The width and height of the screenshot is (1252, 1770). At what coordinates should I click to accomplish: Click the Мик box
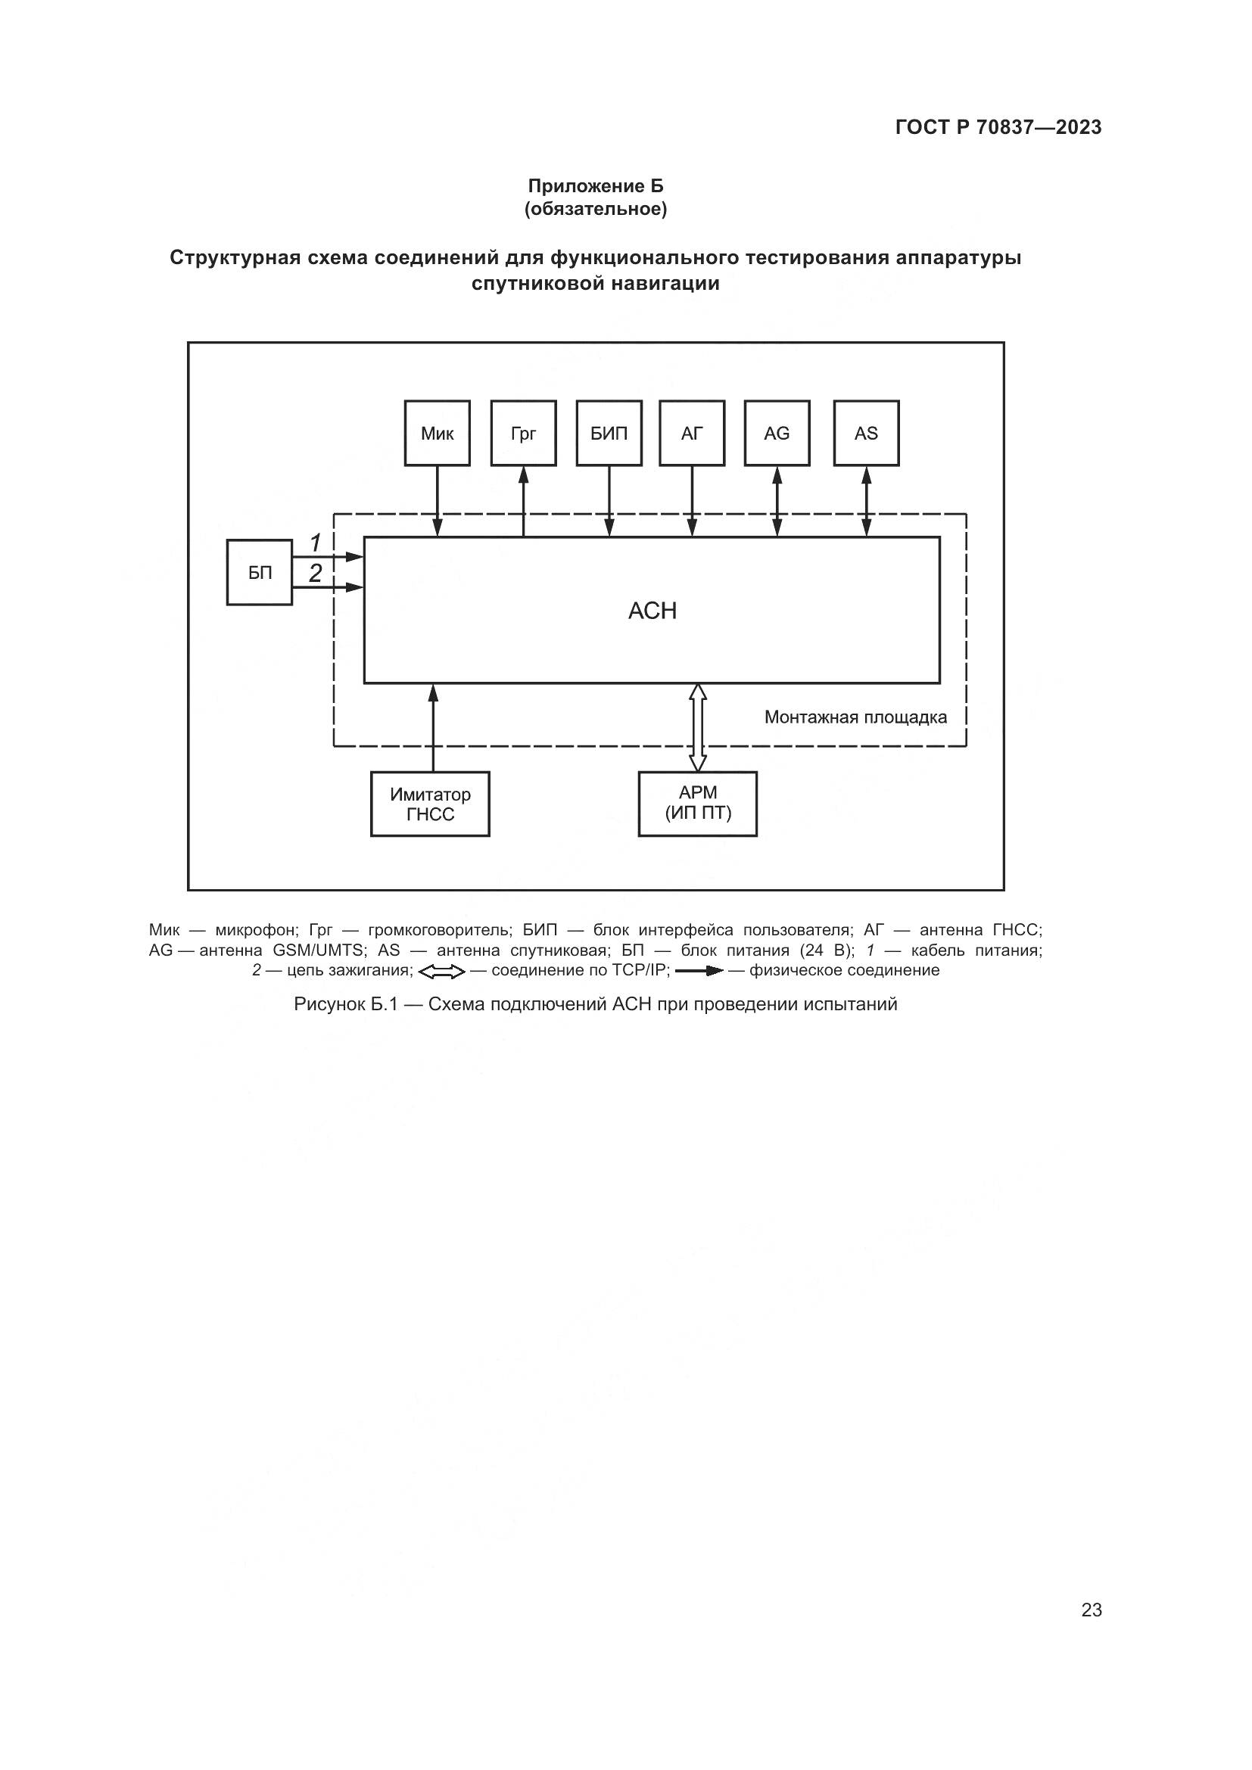437,433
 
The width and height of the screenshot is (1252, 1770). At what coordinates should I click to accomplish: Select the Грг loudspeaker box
524,433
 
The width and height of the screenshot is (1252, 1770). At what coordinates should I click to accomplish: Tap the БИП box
609,433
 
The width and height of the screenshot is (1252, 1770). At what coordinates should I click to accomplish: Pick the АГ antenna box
693,433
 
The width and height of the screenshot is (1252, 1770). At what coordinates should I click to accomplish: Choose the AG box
777,433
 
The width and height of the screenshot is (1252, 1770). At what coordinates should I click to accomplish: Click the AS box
867,433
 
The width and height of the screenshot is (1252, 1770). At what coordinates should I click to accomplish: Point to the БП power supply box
260,572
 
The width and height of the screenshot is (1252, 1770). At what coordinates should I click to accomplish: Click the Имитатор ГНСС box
430,804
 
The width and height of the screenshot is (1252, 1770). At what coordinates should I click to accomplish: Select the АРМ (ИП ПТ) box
698,804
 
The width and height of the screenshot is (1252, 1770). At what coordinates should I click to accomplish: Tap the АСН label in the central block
652,611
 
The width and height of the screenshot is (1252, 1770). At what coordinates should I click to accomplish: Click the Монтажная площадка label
856,717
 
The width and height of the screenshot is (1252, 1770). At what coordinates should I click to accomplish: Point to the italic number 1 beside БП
316,543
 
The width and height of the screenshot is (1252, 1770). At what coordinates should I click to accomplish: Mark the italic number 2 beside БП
316,573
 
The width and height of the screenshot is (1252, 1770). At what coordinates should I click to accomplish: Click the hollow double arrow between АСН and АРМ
698,728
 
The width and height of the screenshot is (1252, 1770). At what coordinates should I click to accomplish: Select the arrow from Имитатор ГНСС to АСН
433,728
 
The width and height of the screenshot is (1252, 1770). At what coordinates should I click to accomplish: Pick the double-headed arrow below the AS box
867,502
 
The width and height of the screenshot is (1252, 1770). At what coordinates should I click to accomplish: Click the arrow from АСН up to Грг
524,502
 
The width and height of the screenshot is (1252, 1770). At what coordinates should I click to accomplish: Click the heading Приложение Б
596,186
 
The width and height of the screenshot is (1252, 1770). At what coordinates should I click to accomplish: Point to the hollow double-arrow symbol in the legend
442,972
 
